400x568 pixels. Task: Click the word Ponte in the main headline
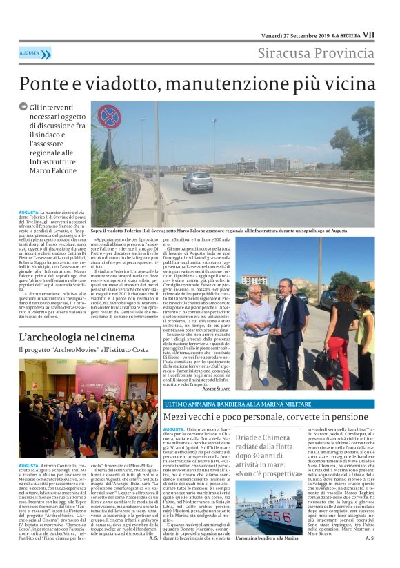[47, 83]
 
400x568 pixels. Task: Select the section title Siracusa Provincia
[316, 54]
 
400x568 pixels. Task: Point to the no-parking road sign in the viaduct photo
[108, 117]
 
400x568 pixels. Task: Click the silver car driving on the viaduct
[197, 182]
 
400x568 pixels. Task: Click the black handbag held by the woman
[323, 358]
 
